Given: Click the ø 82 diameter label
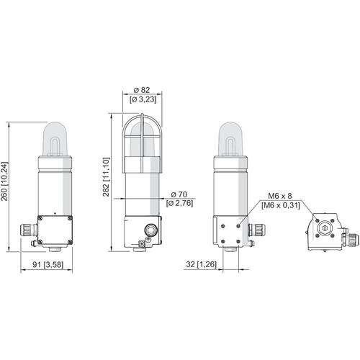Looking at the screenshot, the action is click(x=142, y=90).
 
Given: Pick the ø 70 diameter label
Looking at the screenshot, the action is click(x=179, y=194).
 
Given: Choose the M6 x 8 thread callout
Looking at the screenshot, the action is click(x=280, y=196).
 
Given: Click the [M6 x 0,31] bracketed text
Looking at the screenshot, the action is click(x=281, y=205).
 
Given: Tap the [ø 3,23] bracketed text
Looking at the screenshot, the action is click(x=143, y=99).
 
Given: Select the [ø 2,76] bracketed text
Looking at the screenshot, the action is click(x=179, y=204).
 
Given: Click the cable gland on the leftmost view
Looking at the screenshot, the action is click(x=29, y=230).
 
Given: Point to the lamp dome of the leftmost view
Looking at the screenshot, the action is click(x=55, y=138).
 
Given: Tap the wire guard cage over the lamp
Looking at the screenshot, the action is click(x=142, y=143).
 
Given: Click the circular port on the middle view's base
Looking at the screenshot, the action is click(x=151, y=230).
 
